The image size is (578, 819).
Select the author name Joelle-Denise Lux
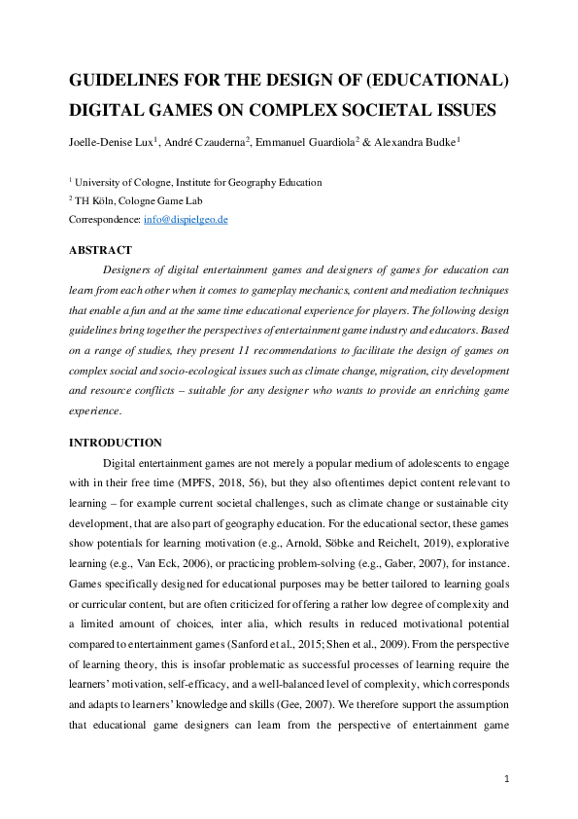click(109, 141)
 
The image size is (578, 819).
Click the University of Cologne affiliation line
click(197, 182)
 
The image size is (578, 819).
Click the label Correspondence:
click(105, 220)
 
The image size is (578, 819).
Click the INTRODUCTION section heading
click(115, 443)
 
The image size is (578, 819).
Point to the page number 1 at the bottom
click(507, 779)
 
